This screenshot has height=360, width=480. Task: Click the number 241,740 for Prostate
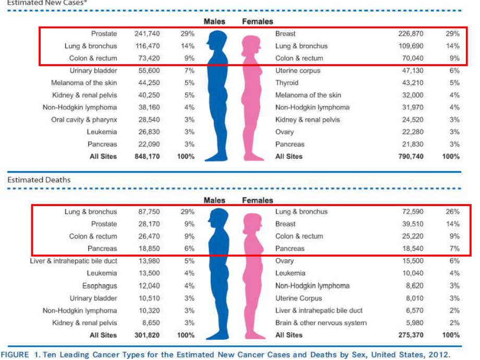tap(147, 34)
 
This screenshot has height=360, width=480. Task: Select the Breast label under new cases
tap(285, 34)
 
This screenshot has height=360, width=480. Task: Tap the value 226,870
tap(410, 34)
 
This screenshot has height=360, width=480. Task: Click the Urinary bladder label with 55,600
tap(93, 70)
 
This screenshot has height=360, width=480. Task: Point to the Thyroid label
tap(287, 82)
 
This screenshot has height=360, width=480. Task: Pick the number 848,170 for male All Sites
tap(147, 156)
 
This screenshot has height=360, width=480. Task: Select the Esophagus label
tap(100, 286)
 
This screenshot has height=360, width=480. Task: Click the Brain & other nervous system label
tap(321, 323)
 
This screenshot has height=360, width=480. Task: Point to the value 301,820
tap(147, 335)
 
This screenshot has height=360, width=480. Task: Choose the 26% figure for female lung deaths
tap(452, 212)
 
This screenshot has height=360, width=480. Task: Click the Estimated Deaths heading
tap(39, 179)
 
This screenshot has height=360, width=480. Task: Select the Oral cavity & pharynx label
tap(85, 119)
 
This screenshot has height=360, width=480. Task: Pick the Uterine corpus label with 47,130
tap(298, 70)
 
